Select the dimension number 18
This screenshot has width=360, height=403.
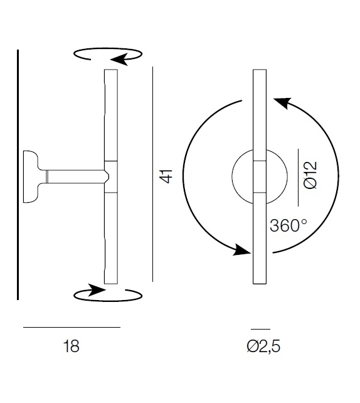(x=71, y=346)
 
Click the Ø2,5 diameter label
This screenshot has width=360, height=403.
(x=263, y=346)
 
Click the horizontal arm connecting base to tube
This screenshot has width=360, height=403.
(x=72, y=176)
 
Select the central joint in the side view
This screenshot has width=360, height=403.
(x=110, y=176)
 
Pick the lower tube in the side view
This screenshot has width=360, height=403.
(x=111, y=239)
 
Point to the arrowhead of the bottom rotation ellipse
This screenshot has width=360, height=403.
(x=95, y=290)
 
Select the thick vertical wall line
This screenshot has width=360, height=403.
(x=18, y=175)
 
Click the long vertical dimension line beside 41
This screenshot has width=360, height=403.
(x=153, y=175)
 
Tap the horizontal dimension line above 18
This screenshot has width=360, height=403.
(x=71, y=327)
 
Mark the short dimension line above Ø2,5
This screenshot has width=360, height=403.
(x=260, y=329)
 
